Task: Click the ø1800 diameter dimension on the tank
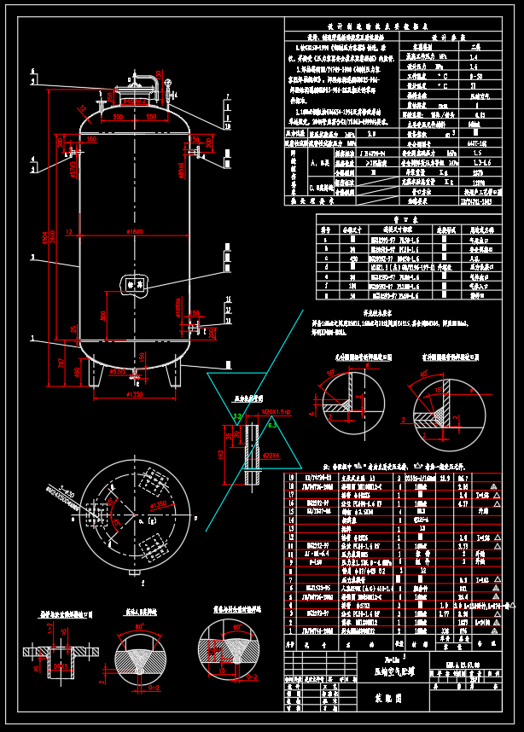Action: pos(135,232)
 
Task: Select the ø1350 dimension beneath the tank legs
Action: pos(135,395)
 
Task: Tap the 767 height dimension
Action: pos(60,362)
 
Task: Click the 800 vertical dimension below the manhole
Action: pos(103,315)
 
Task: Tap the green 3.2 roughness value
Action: pos(239,415)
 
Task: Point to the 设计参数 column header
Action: pos(445,38)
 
